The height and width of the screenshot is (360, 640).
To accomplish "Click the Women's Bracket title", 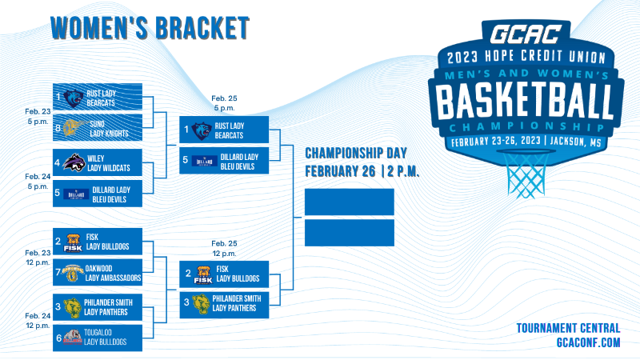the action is [150, 28].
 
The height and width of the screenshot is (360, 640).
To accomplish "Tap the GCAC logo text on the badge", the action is [526, 34].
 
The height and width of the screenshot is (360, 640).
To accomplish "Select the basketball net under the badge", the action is [526, 174].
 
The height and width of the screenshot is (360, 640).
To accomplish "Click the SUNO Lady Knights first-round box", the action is [98, 128].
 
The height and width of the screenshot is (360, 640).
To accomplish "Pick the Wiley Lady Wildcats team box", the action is [98, 162].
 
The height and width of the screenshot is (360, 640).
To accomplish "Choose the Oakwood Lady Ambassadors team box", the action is [98, 272].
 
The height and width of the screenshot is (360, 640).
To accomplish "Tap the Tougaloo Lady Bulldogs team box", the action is [98, 338].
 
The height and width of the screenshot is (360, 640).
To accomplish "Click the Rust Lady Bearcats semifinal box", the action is [224, 130].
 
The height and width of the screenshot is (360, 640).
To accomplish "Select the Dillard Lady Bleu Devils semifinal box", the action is [224, 161].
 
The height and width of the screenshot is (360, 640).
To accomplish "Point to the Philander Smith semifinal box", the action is [224, 305].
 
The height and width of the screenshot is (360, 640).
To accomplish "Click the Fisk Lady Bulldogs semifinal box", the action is [224, 274].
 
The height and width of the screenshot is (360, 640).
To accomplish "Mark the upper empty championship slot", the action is [350, 202].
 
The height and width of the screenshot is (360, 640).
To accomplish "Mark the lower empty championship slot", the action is [350, 233].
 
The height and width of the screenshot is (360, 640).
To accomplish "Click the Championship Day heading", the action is [356, 153].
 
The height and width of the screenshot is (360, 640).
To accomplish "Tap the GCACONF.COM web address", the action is [588, 342].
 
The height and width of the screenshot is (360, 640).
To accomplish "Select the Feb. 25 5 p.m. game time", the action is [224, 103].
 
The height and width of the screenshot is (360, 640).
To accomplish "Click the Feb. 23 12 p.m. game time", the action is [38, 258].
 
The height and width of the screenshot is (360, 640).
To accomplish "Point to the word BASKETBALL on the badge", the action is [525, 102].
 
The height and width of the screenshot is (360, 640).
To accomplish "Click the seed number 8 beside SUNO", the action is [58, 128].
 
